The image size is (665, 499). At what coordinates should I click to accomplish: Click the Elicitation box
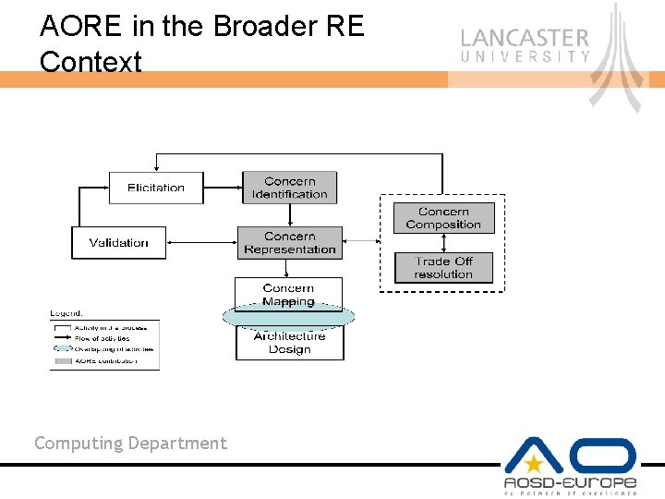155,188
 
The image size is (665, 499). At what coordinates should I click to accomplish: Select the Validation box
118,242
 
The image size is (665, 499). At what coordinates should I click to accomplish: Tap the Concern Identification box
289,188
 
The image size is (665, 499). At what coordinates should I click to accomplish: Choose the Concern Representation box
289,242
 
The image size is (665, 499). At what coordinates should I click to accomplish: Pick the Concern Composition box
443,218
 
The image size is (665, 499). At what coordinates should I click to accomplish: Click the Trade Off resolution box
443,267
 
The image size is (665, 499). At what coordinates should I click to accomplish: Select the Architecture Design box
289,344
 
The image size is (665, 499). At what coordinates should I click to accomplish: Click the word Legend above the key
66,313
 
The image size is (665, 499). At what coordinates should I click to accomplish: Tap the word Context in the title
91,62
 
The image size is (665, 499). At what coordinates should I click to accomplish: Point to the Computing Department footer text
130,444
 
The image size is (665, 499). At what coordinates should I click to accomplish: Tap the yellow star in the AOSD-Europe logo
533,465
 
